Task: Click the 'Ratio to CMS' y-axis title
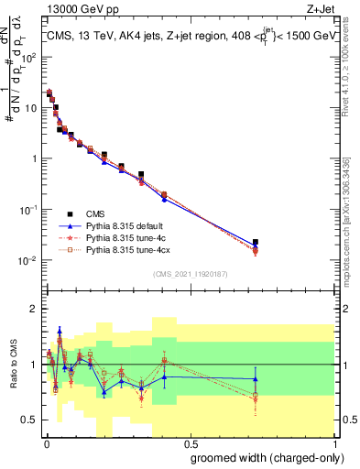pos(12,364)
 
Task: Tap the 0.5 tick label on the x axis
pos(190,442)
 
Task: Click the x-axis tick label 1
pos(334,442)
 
